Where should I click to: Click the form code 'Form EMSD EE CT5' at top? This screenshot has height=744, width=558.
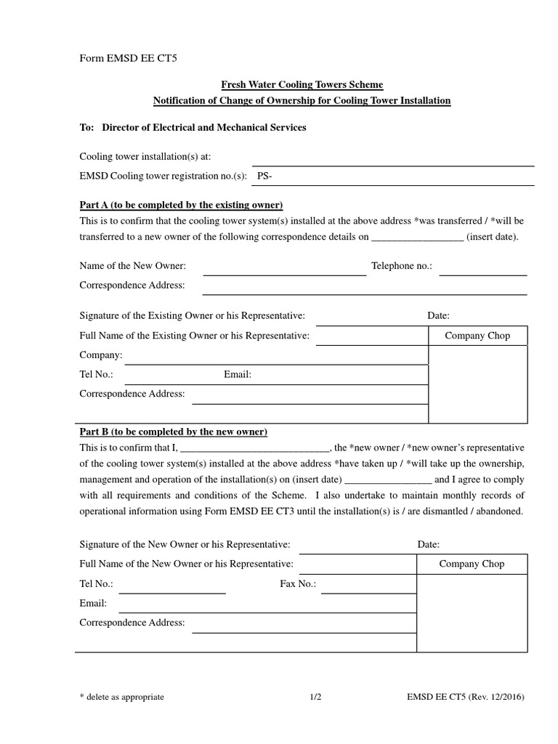(124, 59)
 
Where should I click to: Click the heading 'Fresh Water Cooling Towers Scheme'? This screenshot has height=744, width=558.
(302, 85)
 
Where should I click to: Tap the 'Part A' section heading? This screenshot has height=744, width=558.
(181, 205)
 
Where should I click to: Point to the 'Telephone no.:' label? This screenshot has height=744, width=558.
(402, 267)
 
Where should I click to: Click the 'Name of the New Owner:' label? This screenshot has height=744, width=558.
(132, 267)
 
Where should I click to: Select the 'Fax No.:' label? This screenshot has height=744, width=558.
(298, 583)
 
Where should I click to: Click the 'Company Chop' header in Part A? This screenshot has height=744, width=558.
(477, 336)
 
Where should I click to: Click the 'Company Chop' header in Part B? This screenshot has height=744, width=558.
(472, 564)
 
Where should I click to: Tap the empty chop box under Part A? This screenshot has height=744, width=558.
(477, 384)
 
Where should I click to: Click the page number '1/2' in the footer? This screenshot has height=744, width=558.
(315, 697)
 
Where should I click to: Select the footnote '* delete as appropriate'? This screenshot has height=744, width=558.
(122, 697)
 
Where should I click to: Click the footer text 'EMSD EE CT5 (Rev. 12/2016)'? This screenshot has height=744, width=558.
(466, 697)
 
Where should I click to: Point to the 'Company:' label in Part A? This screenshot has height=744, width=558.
(101, 355)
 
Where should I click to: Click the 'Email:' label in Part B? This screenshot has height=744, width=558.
(93, 603)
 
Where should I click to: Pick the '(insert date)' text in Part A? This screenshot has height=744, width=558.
(492, 237)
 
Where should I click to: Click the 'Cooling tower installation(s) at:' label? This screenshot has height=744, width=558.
(145, 157)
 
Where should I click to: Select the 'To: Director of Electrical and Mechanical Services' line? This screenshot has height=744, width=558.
(193, 127)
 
